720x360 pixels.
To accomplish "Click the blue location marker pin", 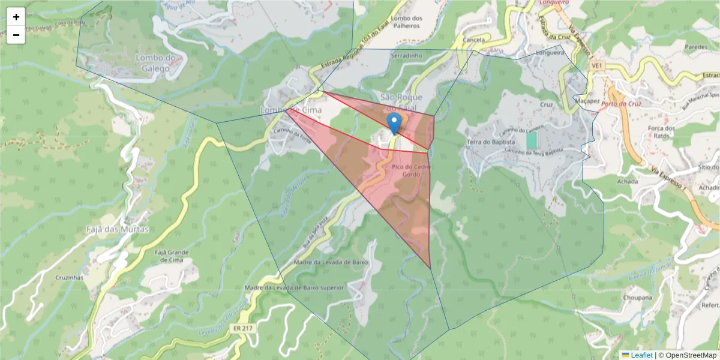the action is click(394, 123).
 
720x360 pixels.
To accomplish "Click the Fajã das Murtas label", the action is click(117, 229).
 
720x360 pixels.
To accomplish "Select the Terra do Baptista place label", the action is click(491, 142).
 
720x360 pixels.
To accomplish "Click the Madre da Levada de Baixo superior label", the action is click(295, 288).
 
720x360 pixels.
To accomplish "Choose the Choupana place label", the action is click(637, 298).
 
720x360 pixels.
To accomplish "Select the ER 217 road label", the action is click(244, 328).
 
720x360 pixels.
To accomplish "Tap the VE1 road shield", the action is click(596, 65).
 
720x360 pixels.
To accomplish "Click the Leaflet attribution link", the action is click(641, 355).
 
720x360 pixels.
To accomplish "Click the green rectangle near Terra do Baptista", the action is click(531, 141).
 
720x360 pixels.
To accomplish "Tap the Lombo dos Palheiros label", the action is click(406, 22).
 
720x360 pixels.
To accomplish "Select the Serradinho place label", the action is click(407, 55).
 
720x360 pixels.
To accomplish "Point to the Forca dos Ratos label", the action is click(662, 133).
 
